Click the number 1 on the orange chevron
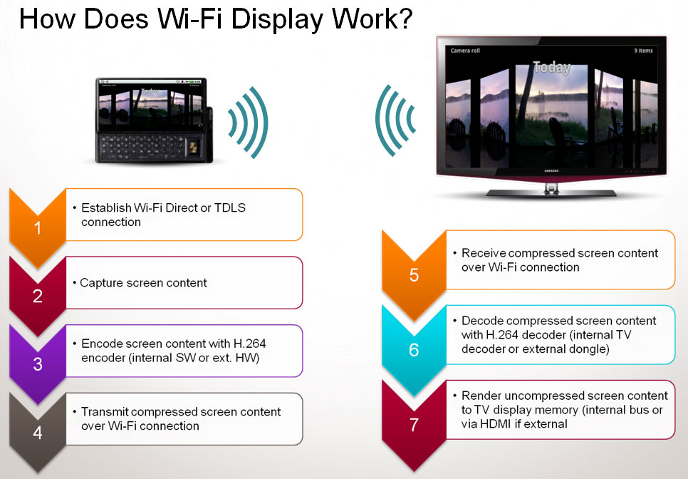pos(38,228)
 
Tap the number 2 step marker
pos(38,297)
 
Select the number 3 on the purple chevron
pos(38,364)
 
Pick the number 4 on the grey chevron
pos(38,433)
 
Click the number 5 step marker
pos(414,275)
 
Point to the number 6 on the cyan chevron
pos(414,350)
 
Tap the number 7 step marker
pos(414,425)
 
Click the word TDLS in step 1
pos(230,207)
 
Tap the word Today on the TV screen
pos(551,67)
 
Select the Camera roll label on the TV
pos(465,51)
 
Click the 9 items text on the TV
pos(643,51)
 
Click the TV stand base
pos(551,192)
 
